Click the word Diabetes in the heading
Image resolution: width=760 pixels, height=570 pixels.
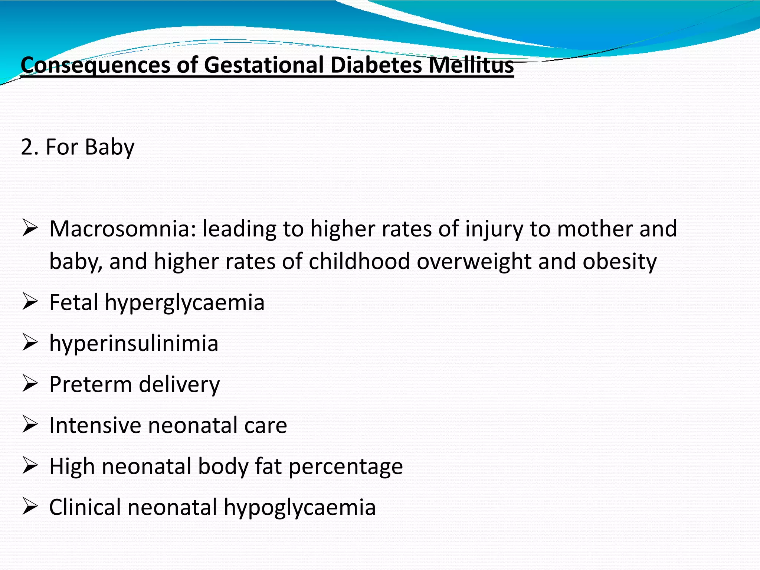[x=376, y=65]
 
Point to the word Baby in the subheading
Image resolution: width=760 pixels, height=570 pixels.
[x=109, y=147]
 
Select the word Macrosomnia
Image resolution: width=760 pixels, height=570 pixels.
[x=122, y=229]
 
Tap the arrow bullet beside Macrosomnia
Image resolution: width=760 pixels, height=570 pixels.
[x=30, y=228]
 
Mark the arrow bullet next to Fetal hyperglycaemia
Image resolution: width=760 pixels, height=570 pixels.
[x=30, y=301]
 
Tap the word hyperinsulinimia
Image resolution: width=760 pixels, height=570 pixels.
[x=134, y=344]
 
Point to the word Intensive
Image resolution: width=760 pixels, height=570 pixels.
[x=95, y=425]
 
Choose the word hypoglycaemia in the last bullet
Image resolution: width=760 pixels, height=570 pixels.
[x=299, y=508]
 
